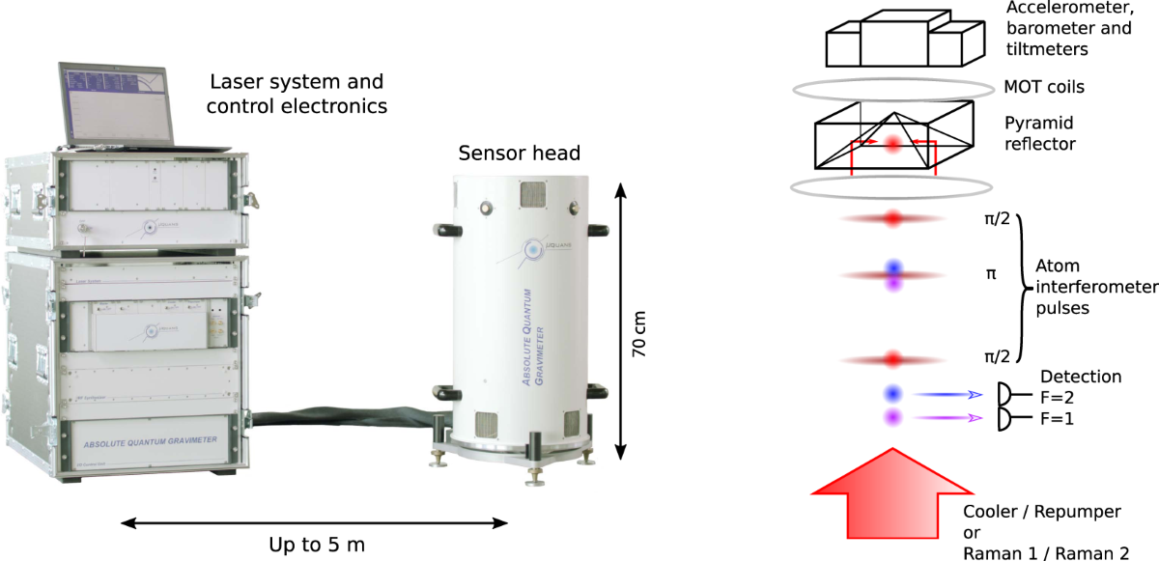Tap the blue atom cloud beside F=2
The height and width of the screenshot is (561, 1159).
893,394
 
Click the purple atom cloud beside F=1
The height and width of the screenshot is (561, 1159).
893,418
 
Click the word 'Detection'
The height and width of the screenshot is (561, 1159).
1081,377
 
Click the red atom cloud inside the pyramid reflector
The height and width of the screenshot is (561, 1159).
893,144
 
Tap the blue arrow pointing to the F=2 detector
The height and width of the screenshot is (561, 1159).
948,394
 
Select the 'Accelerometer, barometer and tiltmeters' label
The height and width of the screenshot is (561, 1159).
1068,29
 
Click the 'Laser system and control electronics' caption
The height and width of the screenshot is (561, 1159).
297,94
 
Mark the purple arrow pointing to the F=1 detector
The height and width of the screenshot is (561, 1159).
948,418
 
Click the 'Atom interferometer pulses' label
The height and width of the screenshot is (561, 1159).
1095,287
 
